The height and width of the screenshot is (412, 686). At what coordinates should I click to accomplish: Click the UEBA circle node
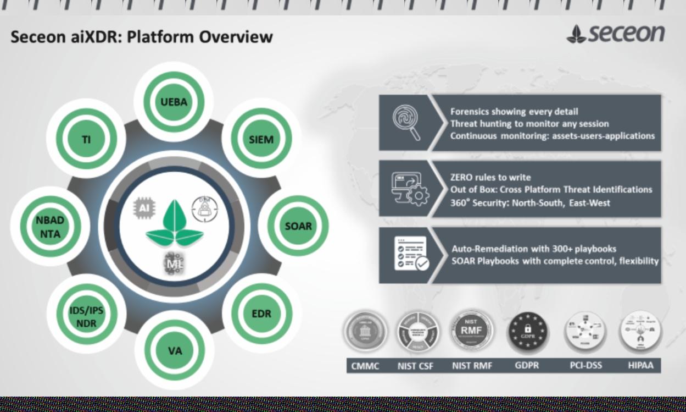[174, 102]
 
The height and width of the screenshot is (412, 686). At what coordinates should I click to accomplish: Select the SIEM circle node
[261, 139]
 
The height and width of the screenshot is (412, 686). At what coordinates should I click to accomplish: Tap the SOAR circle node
[298, 226]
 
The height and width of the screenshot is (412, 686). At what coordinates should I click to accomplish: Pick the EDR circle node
[261, 314]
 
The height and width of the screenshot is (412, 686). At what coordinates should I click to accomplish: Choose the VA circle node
[175, 350]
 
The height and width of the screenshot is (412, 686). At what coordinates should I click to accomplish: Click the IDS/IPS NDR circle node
[86, 317]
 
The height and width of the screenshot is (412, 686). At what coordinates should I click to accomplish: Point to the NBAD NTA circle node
[50, 227]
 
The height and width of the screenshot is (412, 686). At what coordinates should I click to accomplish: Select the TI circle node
[86, 140]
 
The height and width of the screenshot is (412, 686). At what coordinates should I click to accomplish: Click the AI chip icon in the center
[144, 208]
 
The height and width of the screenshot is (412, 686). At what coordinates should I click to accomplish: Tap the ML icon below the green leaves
[174, 263]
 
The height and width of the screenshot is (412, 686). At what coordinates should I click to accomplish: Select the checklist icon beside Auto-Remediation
[411, 254]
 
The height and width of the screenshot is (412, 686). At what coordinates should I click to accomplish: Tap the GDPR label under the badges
[527, 365]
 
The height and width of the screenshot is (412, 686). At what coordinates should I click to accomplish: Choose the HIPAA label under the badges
[640, 365]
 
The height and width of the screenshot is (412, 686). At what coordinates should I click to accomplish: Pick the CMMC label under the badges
[365, 366]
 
